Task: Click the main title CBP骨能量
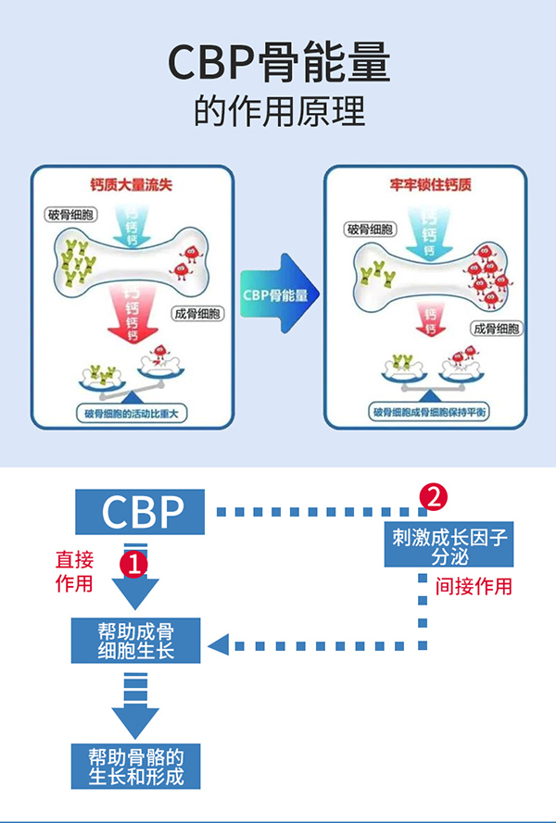point(279,63)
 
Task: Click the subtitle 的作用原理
point(279,111)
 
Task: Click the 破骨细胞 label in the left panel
point(69,215)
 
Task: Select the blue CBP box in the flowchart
point(141,511)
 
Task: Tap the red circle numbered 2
point(433,496)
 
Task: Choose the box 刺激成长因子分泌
point(449,546)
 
